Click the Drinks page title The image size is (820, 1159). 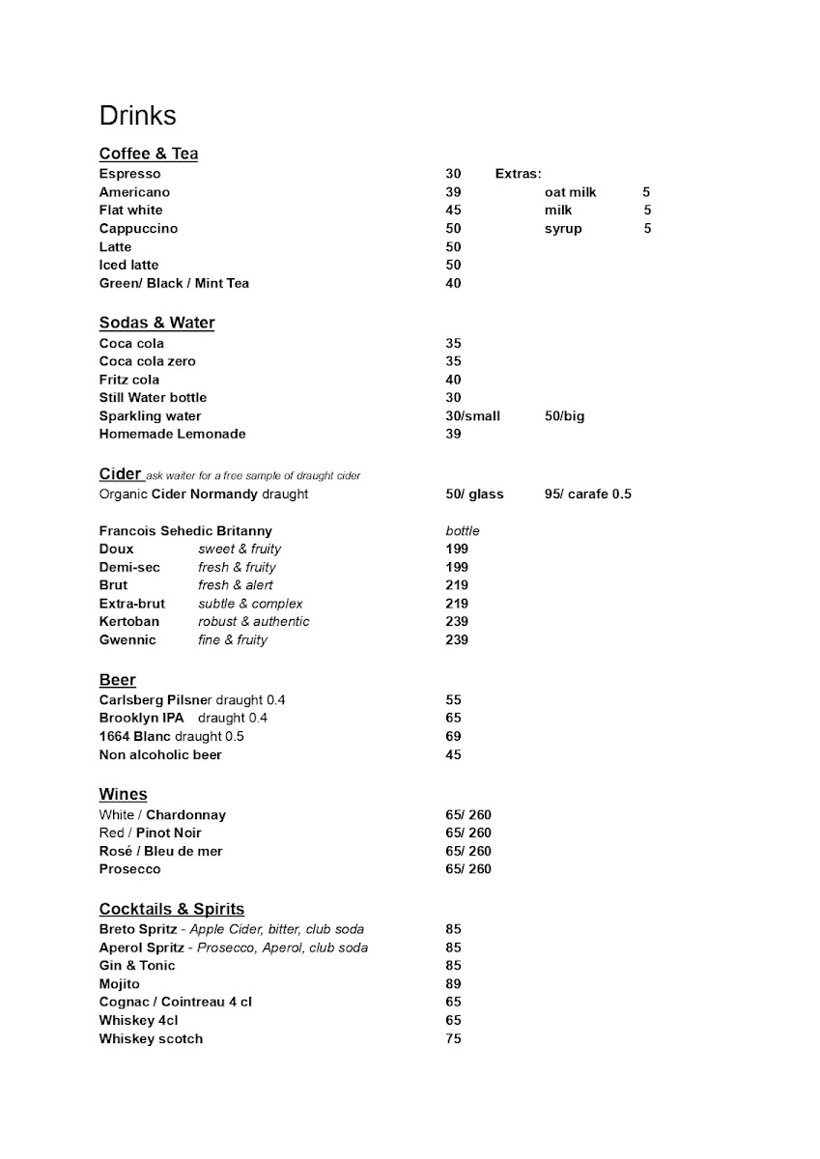click(x=137, y=116)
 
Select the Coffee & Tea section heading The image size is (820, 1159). click(x=149, y=154)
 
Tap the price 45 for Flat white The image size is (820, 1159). click(x=453, y=211)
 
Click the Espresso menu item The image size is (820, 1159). click(x=129, y=174)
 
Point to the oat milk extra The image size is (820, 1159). click(x=570, y=192)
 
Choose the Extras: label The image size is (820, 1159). click(x=518, y=174)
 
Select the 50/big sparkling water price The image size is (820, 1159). click(x=564, y=416)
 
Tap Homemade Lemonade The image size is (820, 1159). click(x=172, y=435)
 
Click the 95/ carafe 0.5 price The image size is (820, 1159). click(x=587, y=495)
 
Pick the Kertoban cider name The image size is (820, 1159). click(x=129, y=622)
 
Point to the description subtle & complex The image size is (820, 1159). click(x=250, y=604)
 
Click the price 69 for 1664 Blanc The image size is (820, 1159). click(x=453, y=737)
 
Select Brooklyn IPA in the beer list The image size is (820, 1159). click(x=141, y=719)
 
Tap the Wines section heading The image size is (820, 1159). click(x=123, y=795)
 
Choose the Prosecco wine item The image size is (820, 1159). click(x=129, y=869)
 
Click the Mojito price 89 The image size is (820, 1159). click(x=453, y=984)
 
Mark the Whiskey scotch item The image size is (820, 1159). click(x=151, y=1039)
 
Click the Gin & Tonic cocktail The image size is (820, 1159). click(x=137, y=966)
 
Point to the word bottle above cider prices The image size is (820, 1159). click(x=463, y=531)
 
